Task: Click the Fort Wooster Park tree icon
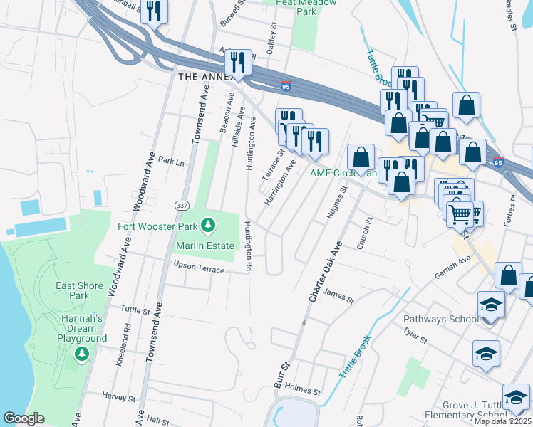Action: coord(208,226)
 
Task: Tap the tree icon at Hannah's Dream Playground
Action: coord(82,354)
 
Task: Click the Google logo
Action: coord(24,418)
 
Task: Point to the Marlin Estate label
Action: coord(205,246)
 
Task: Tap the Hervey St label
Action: coord(118,397)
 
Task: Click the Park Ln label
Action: coord(171,161)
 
